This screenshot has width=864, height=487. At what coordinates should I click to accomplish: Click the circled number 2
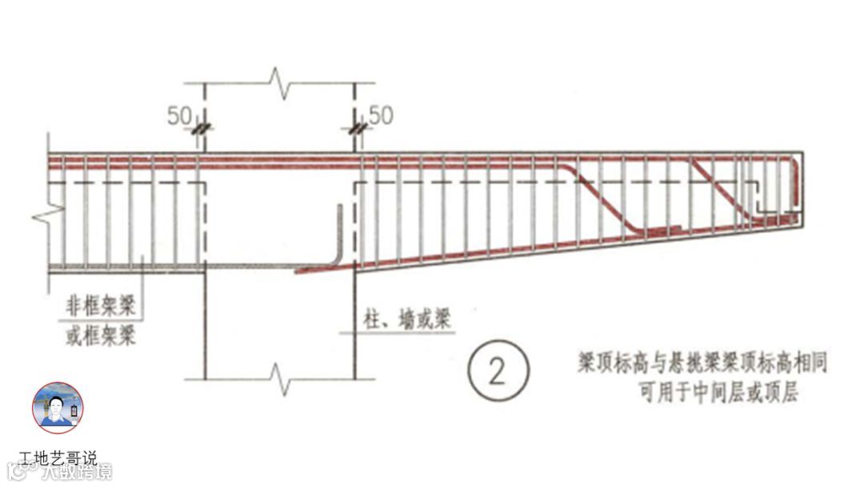pyautogui.click(x=498, y=372)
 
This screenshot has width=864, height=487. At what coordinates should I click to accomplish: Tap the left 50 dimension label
pyautogui.click(x=178, y=116)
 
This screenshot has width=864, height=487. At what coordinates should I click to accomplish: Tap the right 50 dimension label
pyautogui.click(x=381, y=116)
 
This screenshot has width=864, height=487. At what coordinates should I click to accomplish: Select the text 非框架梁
pyautogui.click(x=100, y=305)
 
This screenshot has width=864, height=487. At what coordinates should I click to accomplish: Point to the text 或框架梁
pyautogui.click(x=100, y=334)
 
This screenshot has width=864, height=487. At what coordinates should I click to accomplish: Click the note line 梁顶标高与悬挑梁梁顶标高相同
pyautogui.click(x=702, y=362)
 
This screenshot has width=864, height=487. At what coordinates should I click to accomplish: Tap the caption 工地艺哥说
pyautogui.click(x=58, y=459)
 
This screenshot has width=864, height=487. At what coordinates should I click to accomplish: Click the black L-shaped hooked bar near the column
pyautogui.click(x=338, y=240)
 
